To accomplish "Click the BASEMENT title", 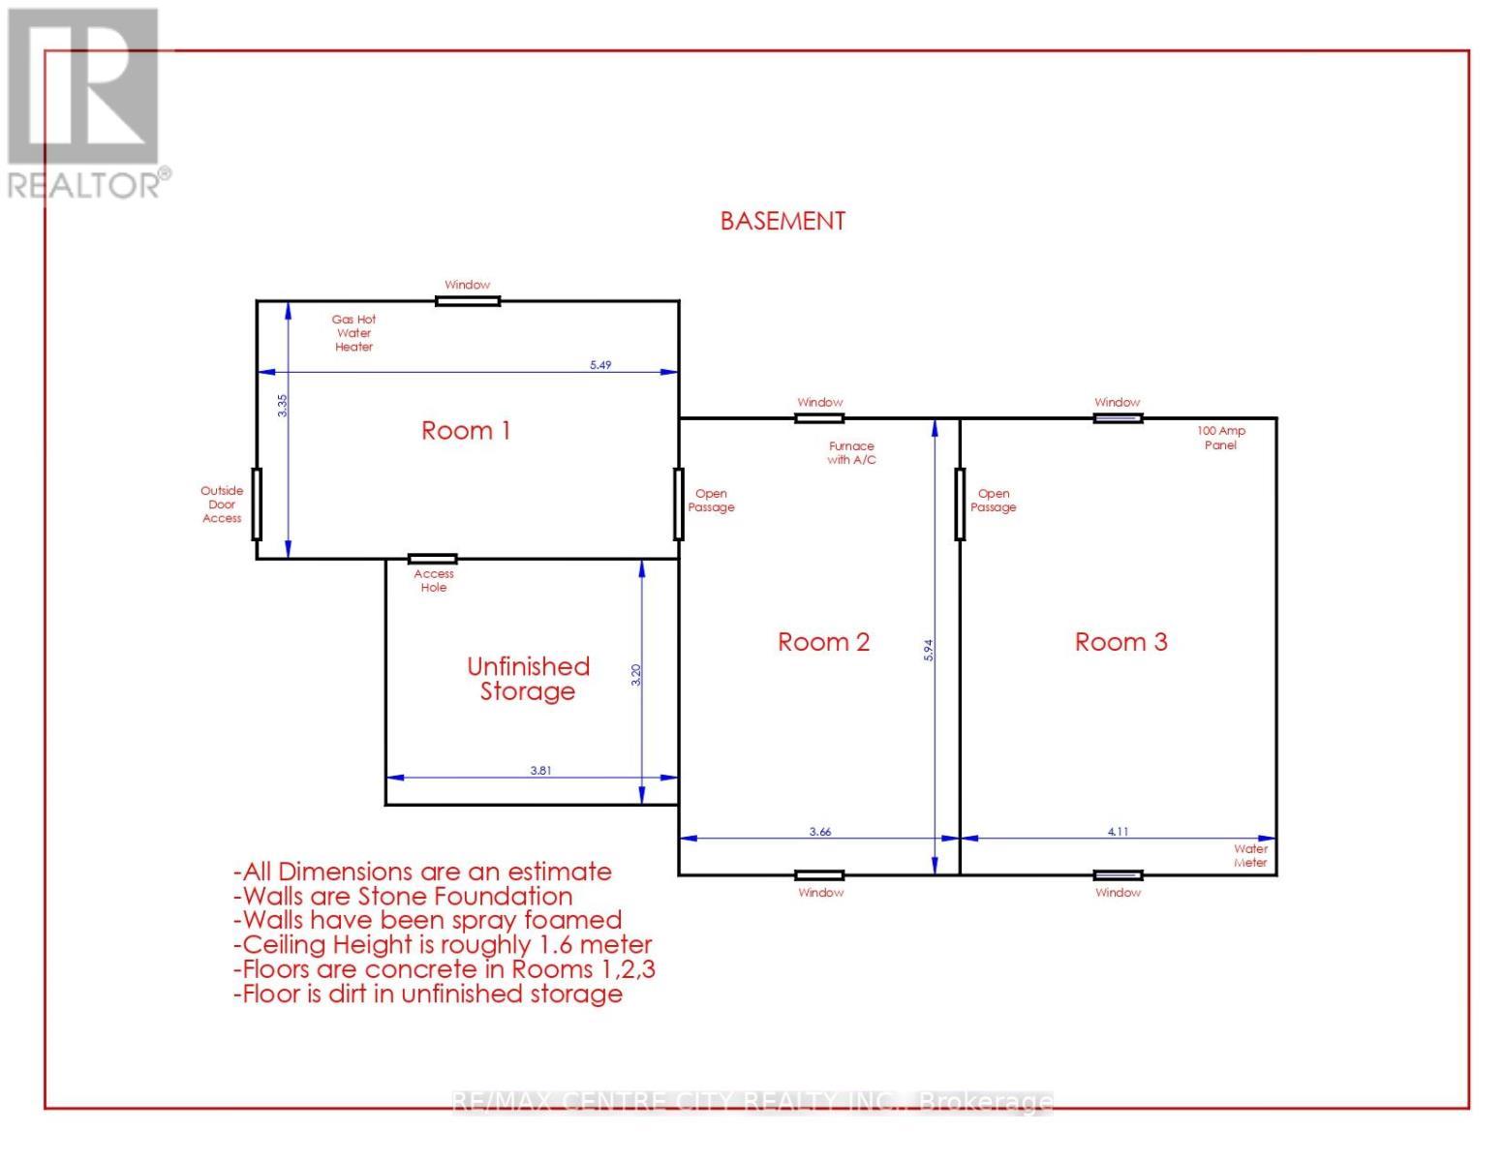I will pyautogui.click(x=783, y=221).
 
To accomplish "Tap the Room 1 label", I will pyautogui.click(x=466, y=431).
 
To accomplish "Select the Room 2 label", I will pyautogui.click(x=823, y=642).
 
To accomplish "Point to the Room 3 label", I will pyautogui.click(x=1120, y=642).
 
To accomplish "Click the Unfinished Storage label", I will pyautogui.click(x=528, y=679).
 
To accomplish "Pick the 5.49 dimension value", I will pyautogui.click(x=600, y=365).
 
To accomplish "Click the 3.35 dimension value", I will pyautogui.click(x=282, y=405).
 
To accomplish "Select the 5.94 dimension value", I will pyautogui.click(x=928, y=650).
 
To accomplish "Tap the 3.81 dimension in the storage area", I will pyautogui.click(x=540, y=771).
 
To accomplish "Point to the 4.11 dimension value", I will pyautogui.click(x=1118, y=832).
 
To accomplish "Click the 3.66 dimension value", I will pyautogui.click(x=820, y=832).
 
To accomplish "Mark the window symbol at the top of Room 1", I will pyautogui.click(x=468, y=301).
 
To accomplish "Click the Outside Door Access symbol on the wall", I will pyautogui.click(x=257, y=504).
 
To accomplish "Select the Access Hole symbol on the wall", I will pyautogui.click(x=432, y=559).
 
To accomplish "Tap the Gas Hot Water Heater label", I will pyautogui.click(x=353, y=333).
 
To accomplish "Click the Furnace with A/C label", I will pyautogui.click(x=851, y=453).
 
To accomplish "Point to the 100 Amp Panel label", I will pyautogui.click(x=1220, y=438).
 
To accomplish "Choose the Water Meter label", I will pyautogui.click(x=1250, y=856).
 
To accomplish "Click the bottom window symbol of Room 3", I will pyautogui.click(x=1118, y=875).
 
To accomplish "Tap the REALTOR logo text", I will pyautogui.click(x=89, y=184).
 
